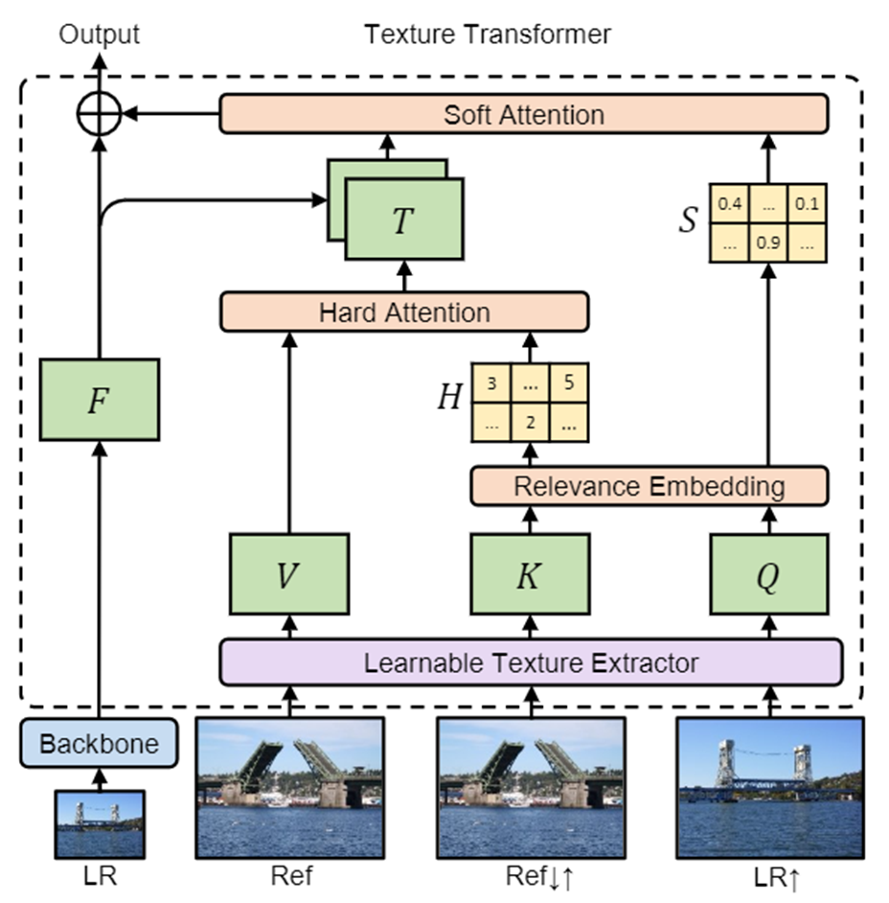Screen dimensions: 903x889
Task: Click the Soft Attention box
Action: [x=523, y=115]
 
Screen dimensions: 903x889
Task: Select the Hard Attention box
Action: [x=403, y=313]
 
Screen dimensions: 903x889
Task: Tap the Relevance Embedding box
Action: [x=649, y=486]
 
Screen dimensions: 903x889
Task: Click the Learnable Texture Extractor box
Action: [x=530, y=662]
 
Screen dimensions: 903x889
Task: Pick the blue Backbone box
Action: [x=99, y=744]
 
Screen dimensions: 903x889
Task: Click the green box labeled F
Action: [x=99, y=400]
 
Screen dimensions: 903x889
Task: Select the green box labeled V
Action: [x=287, y=574]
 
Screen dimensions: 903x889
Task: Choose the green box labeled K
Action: [x=528, y=574]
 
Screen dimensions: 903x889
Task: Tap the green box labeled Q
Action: [x=768, y=574]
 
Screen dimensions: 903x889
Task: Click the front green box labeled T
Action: [x=403, y=220]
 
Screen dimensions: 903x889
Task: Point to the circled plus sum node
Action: [x=99, y=115]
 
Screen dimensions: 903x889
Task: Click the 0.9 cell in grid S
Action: [x=767, y=243]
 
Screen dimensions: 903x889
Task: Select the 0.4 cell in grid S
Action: [x=729, y=204]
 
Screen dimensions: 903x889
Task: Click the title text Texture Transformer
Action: [x=487, y=35]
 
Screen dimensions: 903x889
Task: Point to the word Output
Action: [x=99, y=35]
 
